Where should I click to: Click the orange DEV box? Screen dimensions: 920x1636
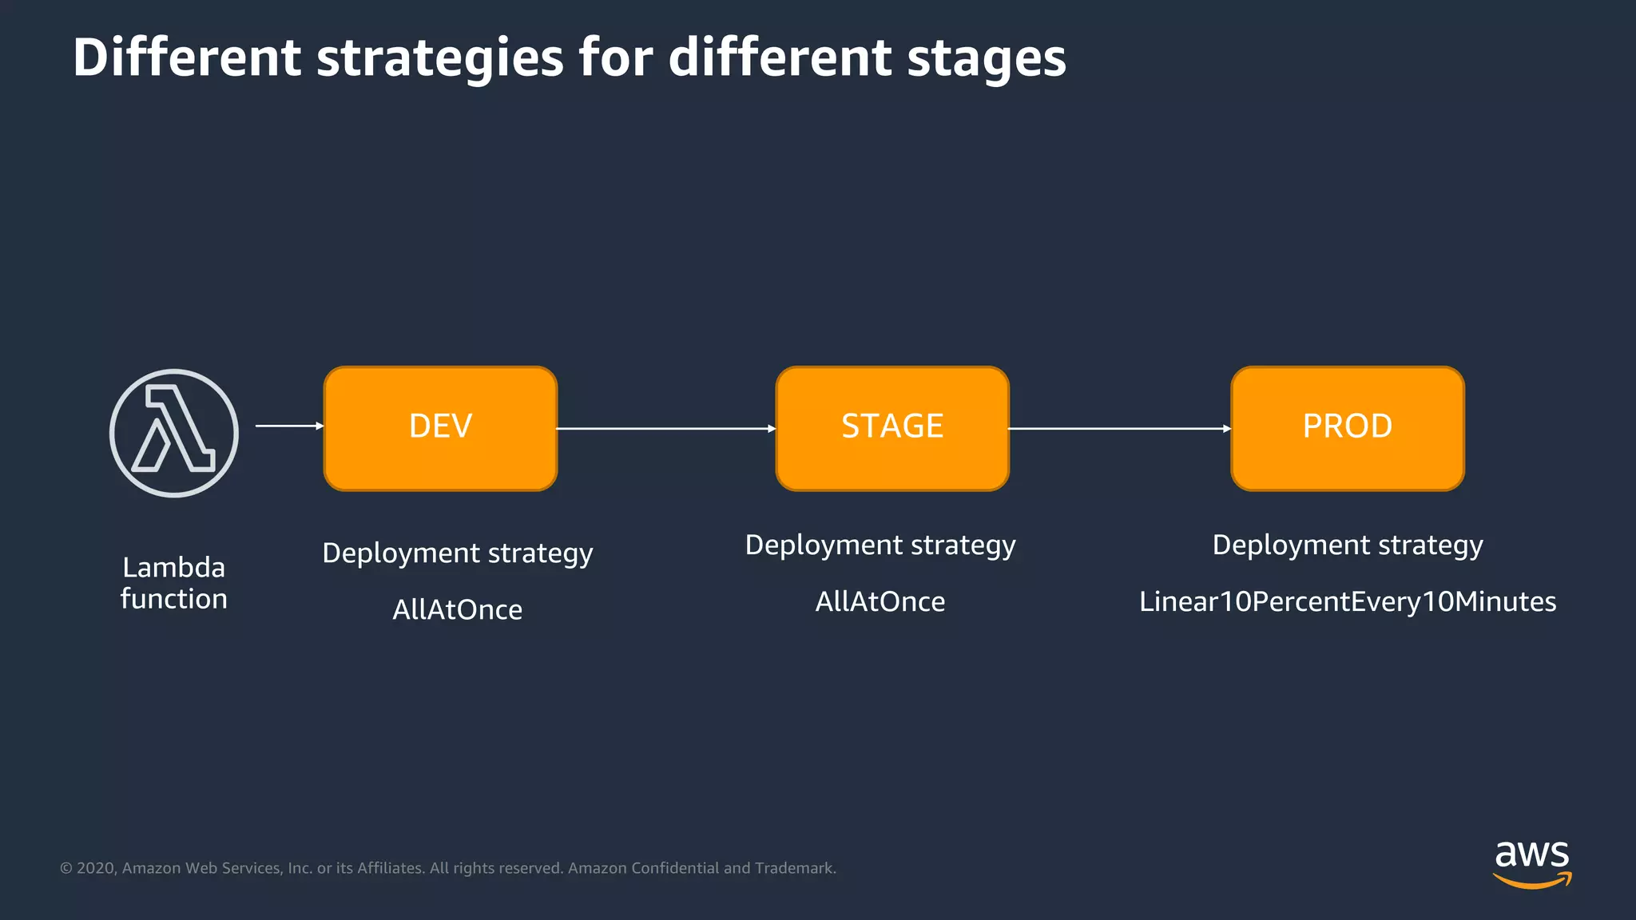pyautogui.click(x=440, y=428)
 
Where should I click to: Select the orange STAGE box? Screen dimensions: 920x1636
pyautogui.click(x=892, y=428)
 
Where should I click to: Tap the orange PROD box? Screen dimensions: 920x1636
pyautogui.click(x=1347, y=428)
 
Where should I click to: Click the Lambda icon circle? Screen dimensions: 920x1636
pyautogui.click(x=173, y=433)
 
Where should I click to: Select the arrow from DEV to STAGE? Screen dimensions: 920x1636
pyautogui.click(x=665, y=429)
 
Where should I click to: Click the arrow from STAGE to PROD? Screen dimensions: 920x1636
pyautogui.click(x=1118, y=429)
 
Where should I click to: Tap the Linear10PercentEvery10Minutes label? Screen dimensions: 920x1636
pyautogui.click(x=1347, y=601)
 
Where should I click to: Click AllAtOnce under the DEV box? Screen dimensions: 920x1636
pyautogui.click(x=457, y=610)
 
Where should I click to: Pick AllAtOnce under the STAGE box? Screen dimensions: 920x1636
pyautogui.click(x=880, y=601)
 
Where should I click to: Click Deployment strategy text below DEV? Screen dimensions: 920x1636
pyautogui.click(x=457, y=553)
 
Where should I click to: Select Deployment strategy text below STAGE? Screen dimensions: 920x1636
pyautogui.click(x=880, y=545)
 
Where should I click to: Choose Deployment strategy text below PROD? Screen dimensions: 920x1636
pyautogui.click(x=1347, y=545)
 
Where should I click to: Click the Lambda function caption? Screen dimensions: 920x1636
pyautogui.click(x=173, y=583)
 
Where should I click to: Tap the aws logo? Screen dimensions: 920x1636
pyautogui.click(x=1531, y=862)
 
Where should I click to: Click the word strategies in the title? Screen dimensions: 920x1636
pyautogui.click(x=439, y=57)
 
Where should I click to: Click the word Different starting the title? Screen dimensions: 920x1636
pyautogui.click(x=187, y=57)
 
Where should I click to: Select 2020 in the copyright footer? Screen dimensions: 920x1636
pyautogui.click(x=96, y=868)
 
